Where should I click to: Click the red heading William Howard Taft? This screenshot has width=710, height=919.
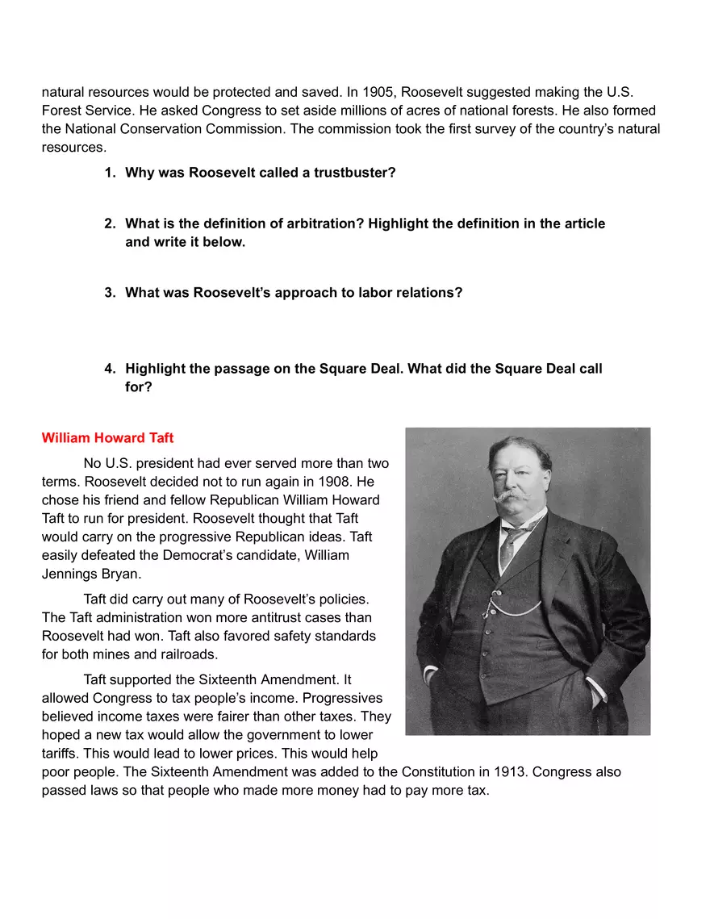pos(107,438)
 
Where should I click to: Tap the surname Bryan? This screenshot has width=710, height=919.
pos(122,574)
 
